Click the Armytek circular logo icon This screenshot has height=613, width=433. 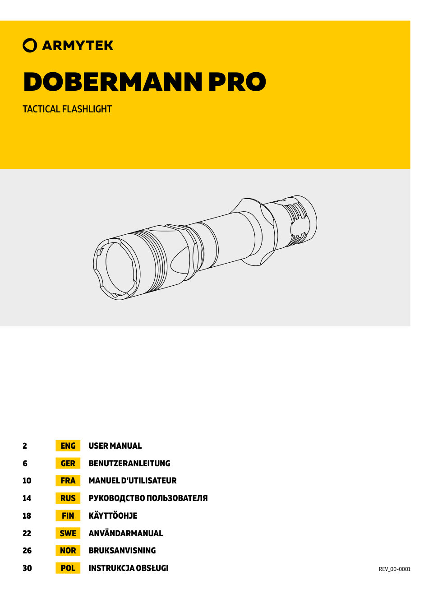[30, 46]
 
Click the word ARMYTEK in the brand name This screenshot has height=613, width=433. [78, 46]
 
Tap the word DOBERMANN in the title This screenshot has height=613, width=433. [113, 82]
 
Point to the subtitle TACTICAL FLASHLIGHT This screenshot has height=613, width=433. [67, 109]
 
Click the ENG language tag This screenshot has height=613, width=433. [68, 446]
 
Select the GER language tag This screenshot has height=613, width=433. [68, 464]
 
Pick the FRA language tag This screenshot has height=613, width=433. [68, 481]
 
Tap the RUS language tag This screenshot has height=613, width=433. [68, 498]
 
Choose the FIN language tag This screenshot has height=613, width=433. [68, 516]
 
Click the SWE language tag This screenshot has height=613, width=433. [68, 533]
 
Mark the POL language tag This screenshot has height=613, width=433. [68, 568]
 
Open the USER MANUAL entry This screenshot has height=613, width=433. [115, 446]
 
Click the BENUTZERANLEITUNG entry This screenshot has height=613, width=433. [129, 464]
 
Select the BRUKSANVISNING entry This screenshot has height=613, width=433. [122, 551]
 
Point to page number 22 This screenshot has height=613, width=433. [27, 534]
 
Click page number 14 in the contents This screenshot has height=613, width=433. [27, 498]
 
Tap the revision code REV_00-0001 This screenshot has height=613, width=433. [395, 569]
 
